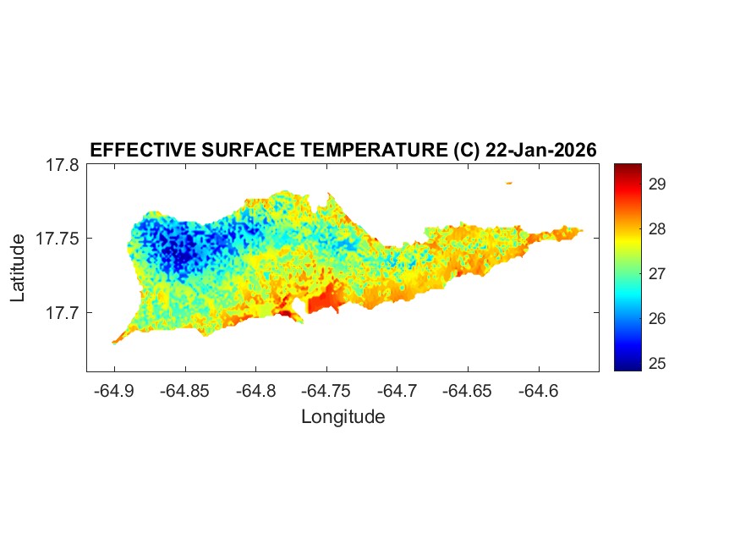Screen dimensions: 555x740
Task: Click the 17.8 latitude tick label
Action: [63, 166]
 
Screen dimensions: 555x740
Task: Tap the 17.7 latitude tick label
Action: [63, 313]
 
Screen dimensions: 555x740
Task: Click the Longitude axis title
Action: [343, 416]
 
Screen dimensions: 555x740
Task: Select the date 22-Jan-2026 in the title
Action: [540, 150]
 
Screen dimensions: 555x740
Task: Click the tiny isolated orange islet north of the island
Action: [509, 183]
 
